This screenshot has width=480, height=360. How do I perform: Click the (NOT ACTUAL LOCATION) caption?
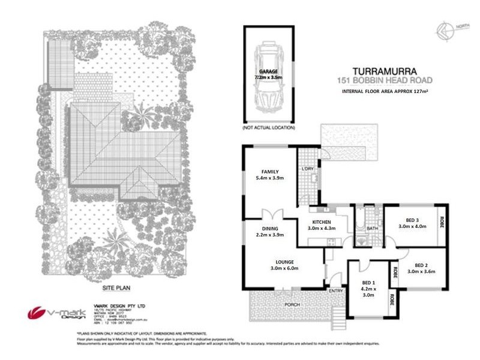click(268, 128)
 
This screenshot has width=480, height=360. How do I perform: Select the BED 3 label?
click(411, 219)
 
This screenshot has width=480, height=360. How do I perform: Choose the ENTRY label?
click(336, 292)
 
